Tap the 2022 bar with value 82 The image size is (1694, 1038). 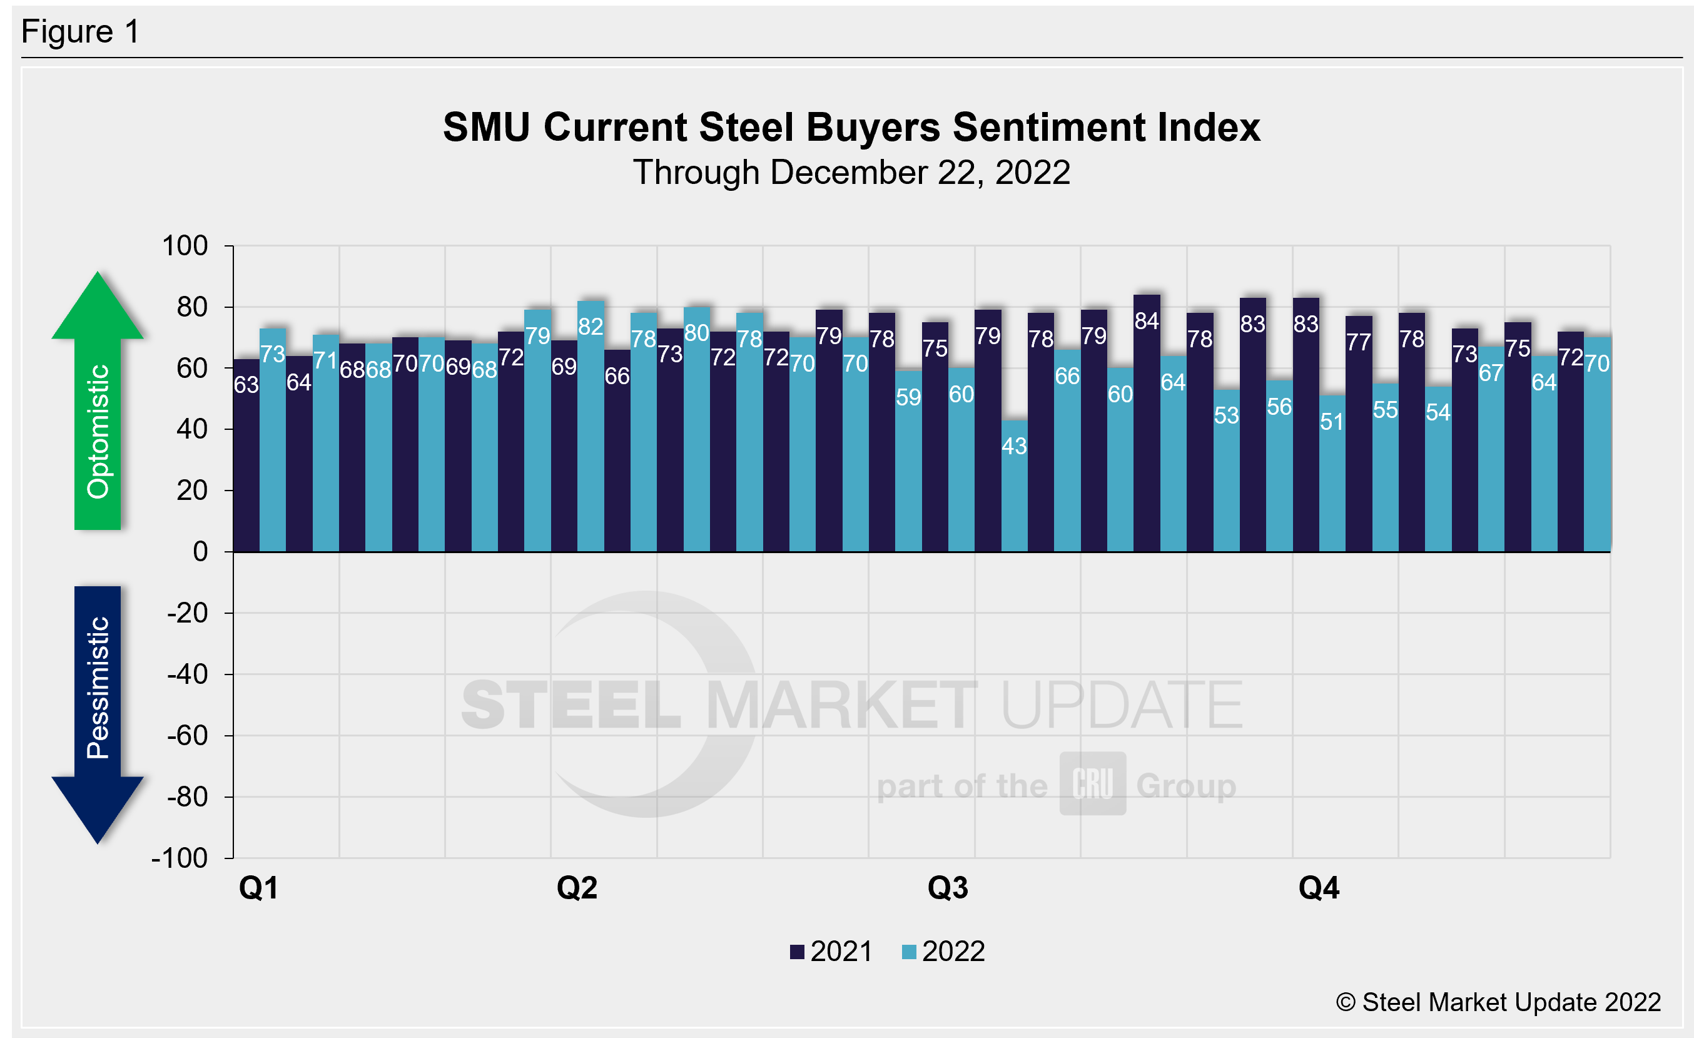tap(591, 426)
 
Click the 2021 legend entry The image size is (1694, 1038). tap(831, 952)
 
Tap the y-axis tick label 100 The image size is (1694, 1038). tap(185, 245)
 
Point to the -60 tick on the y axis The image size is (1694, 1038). tap(187, 736)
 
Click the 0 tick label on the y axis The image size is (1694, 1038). tap(200, 551)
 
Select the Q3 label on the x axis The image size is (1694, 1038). tap(947, 887)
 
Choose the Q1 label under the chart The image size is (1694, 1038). tap(258, 887)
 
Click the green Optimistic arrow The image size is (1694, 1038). tap(98, 405)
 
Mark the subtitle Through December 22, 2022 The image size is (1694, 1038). tap(851, 172)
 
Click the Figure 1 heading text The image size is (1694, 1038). tap(81, 32)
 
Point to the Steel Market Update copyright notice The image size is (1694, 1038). tap(1498, 1002)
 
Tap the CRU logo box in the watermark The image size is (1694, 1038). tap(1092, 783)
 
